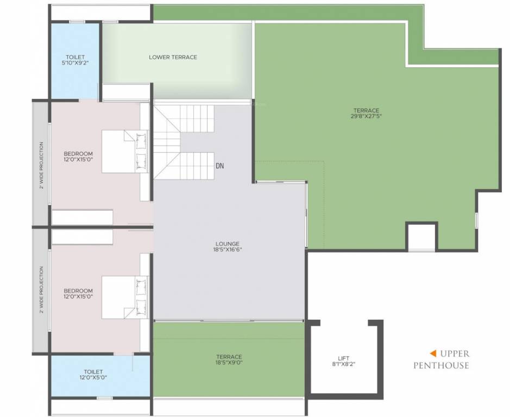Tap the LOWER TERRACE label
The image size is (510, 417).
click(173, 57)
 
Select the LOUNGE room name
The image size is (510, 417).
click(227, 243)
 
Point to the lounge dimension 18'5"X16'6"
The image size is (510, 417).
click(227, 250)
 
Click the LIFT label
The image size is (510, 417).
click(343, 358)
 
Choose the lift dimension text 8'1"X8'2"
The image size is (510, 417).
click(343, 365)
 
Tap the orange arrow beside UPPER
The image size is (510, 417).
click(433, 353)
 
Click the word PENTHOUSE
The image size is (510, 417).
click(440, 365)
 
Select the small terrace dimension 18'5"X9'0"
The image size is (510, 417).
click(229, 363)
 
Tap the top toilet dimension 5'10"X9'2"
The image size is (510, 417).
click(75, 64)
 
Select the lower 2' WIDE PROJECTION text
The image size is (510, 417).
click(41, 290)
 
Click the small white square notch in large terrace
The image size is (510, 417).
click(421, 237)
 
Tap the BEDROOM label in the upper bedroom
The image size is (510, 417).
click(78, 153)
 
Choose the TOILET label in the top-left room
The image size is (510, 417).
click(75, 57)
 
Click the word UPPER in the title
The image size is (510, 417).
click(455, 353)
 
